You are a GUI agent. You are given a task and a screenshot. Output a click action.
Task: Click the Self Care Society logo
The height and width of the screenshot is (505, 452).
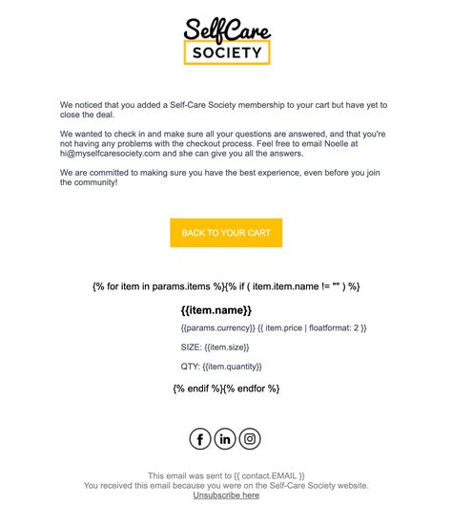(226, 40)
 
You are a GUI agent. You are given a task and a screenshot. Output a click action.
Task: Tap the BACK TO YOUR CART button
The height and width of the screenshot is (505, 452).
(226, 233)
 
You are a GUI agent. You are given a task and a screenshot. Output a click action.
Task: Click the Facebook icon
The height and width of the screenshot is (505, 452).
(200, 438)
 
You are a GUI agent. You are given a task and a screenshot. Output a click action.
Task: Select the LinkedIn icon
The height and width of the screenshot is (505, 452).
(225, 438)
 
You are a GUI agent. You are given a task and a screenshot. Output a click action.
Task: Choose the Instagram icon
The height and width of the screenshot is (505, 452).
(250, 438)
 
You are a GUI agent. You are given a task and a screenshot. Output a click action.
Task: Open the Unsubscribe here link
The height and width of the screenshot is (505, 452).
(226, 495)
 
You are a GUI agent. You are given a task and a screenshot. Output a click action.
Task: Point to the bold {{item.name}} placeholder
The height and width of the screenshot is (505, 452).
(216, 310)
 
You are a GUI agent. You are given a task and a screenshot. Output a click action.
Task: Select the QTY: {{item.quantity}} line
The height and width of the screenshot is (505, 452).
(220, 367)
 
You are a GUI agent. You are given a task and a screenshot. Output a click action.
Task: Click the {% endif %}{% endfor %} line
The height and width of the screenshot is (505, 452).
(226, 389)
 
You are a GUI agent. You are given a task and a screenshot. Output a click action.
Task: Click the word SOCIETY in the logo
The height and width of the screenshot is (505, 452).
(226, 53)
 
